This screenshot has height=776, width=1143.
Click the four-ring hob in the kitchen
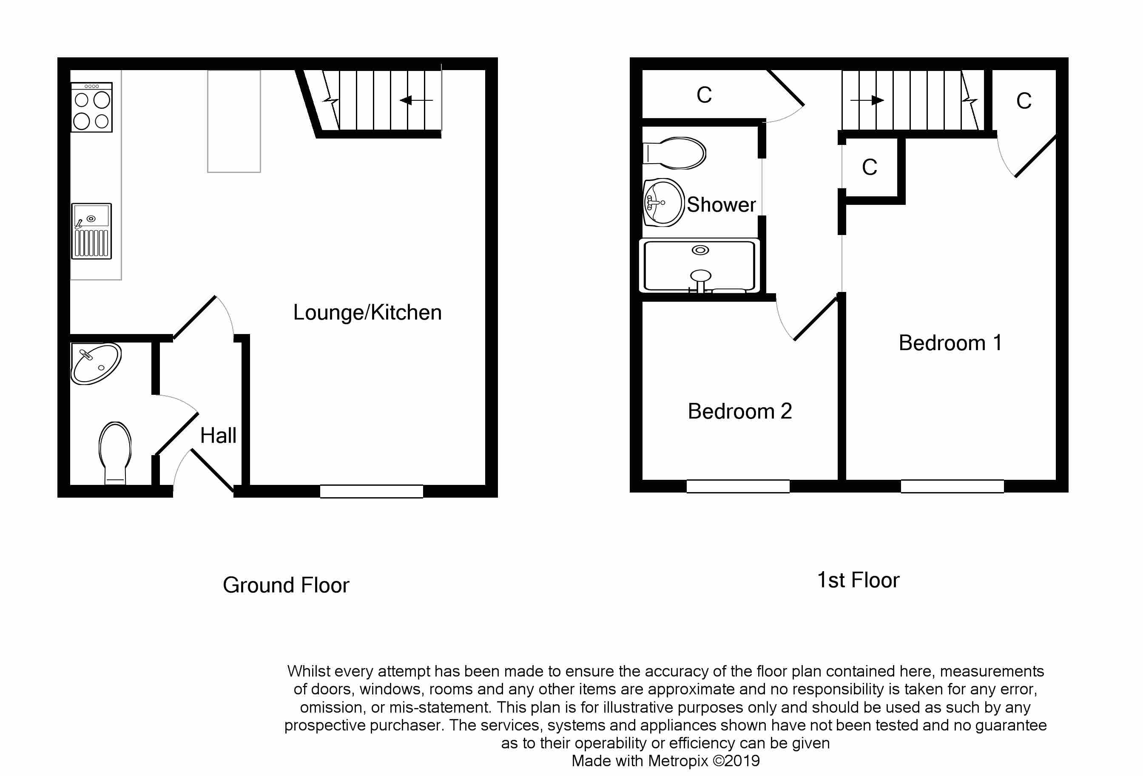tap(91, 108)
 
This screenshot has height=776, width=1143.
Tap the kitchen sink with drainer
tap(91, 231)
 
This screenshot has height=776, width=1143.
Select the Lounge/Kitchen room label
tap(367, 312)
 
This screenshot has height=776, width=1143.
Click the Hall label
tap(218, 436)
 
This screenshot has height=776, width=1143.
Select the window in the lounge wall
tap(371, 491)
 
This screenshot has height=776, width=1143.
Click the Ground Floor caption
tap(286, 585)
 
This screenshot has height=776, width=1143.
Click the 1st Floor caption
tap(858, 581)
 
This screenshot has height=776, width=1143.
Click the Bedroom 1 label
tap(950, 343)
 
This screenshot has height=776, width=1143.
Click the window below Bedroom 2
tap(738, 486)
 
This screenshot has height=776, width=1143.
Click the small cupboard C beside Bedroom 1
tap(869, 167)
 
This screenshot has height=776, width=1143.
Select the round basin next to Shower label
tap(663, 202)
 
